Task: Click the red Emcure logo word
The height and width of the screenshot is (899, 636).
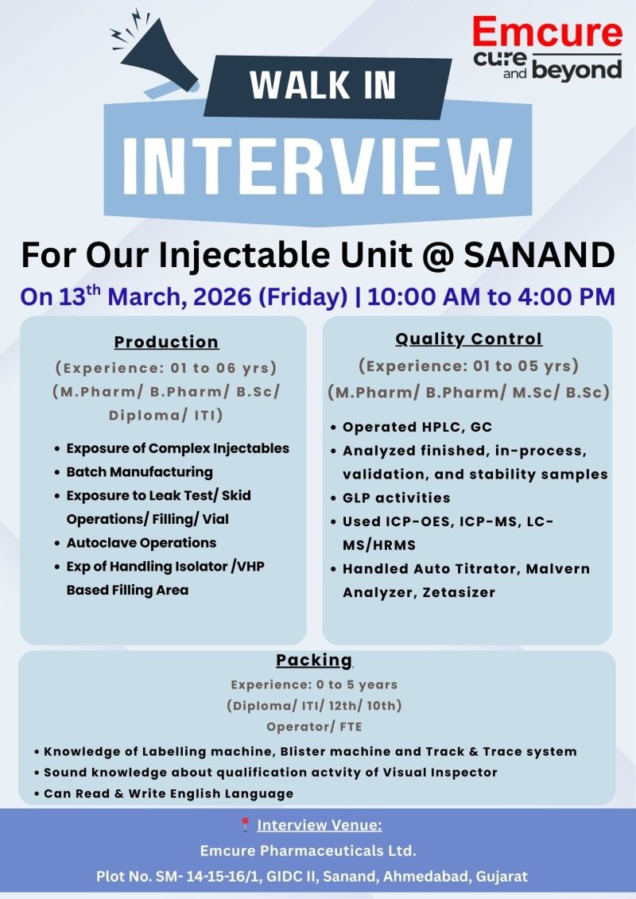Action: click(x=547, y=32)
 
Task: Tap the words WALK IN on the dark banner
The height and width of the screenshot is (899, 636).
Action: click(x=323, y=85)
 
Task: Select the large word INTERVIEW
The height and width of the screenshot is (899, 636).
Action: click(x=318, y=166)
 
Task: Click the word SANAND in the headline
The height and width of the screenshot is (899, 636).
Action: click(x=539, y=255)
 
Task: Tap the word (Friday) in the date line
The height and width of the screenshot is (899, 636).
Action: click(x=303, y=297)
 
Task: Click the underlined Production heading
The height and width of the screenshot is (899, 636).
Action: click(x=166, y=342)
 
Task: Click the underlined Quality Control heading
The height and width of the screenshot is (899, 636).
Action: click(x=468, y=339)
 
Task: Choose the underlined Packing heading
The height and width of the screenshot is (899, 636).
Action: click(x=314, y=660)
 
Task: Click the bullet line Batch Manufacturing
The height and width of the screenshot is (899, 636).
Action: click(x=139, y=472)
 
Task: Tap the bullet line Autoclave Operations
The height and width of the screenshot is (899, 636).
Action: click(x=141, y=543)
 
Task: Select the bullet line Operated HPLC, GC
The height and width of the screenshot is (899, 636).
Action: click(x=417, y=427)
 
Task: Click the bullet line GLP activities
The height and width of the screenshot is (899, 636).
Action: click(x=396, y=498)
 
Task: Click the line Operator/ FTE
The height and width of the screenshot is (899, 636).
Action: click(x=314, y=727)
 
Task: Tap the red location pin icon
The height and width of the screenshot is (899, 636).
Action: click(x=245, y=824)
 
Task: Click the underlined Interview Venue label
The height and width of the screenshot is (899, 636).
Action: click(x=320, y=825)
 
